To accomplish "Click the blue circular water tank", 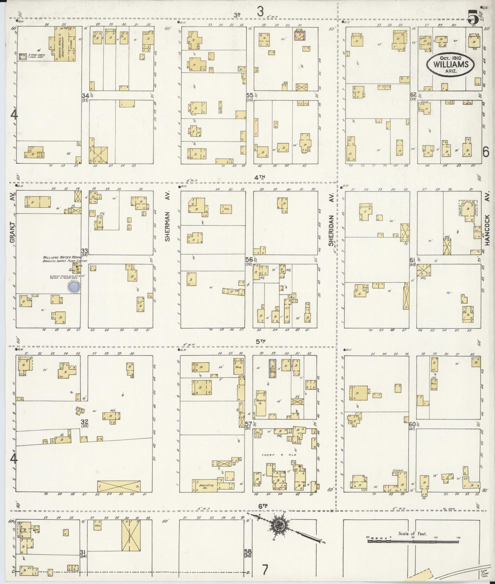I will [74, 287].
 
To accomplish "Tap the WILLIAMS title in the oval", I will [451, 64].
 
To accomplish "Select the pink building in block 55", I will [300, 35].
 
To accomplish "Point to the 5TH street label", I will [261, 341].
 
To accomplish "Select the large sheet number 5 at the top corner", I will [472, 17].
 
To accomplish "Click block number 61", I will [412, 259].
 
